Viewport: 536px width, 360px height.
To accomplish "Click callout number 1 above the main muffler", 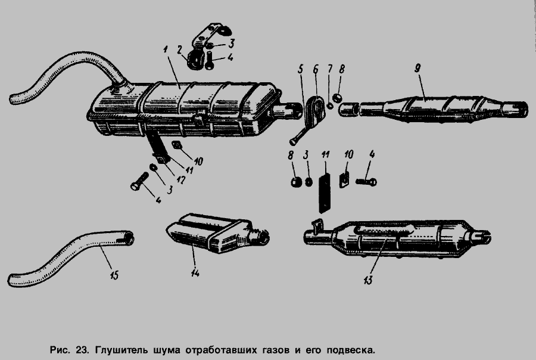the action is (166, 50).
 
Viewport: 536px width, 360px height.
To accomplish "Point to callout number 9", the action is (417, 69).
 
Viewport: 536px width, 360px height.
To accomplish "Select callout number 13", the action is (368, 280).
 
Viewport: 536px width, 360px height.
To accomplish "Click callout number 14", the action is (195, 273).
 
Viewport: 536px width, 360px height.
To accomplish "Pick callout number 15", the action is (114, 275).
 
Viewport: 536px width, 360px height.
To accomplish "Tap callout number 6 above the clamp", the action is (316, 69).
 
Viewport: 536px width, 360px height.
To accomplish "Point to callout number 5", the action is (300, 70).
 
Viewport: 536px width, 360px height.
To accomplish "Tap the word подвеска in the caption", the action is (351, 350).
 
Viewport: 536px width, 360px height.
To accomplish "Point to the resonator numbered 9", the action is (434, 108).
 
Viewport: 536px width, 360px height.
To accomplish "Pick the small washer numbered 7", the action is (330, 105).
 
